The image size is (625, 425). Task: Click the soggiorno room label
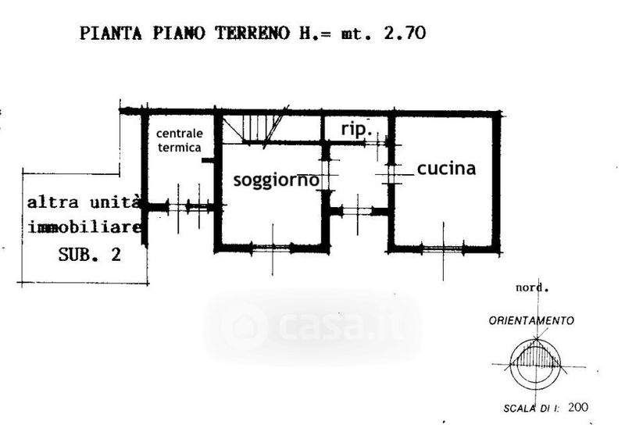point(277,180)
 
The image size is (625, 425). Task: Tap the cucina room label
point(446,169)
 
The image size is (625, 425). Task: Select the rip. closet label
point(355,129)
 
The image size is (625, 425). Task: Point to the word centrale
point(180,133)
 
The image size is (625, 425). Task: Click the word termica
point(180,148)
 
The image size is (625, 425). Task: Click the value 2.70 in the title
point(405,33)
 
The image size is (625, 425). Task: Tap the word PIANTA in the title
point(111,33)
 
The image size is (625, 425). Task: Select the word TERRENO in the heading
point(252,33)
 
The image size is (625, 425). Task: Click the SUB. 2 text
point(90,255)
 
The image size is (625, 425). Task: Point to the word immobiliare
point(84,227)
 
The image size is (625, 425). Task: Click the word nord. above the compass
point(532,287)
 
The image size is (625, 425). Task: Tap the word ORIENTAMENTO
point(532,320)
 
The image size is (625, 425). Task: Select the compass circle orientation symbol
point(535,365)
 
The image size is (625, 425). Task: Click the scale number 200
point(578,407)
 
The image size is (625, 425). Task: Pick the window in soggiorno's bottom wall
point(273,248)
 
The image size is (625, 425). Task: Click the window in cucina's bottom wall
point(443,249)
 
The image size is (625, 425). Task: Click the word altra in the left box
point(52,202)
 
